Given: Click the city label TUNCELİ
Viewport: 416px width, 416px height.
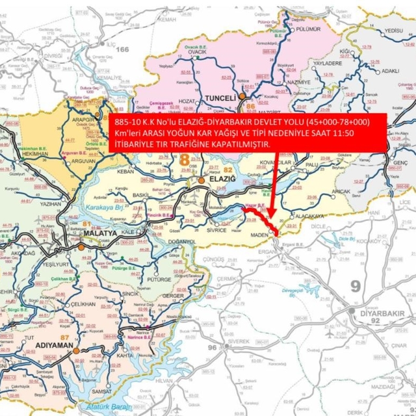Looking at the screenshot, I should [222, 98].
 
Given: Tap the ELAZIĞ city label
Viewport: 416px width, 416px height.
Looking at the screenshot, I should [220, 179].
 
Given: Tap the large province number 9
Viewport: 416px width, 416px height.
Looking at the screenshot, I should [355, 286].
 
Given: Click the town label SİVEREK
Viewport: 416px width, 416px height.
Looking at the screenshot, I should [239, 341].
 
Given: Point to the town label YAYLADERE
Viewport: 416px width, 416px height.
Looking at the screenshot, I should [328, 64].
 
